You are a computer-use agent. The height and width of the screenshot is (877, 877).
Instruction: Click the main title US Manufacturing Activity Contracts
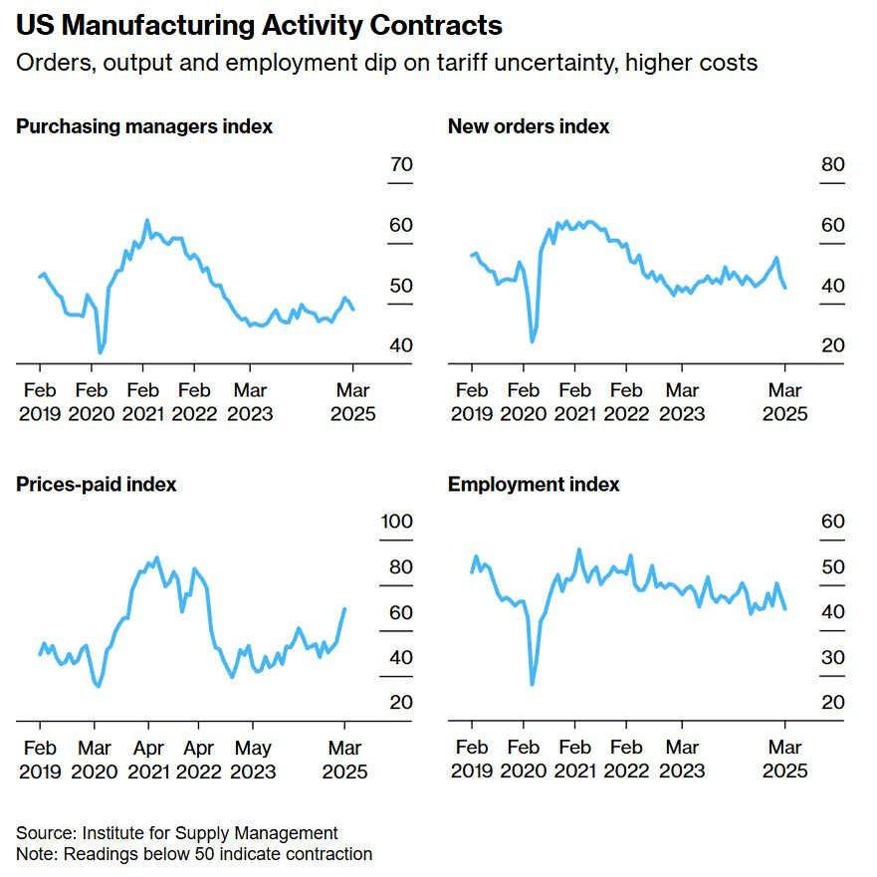[x=259, y=25]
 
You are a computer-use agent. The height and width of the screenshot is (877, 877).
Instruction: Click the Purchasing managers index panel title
[x=144, y=126]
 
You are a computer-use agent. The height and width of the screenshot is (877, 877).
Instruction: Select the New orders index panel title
[x=529, y=126]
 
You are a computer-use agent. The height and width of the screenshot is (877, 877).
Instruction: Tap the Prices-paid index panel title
[x=97, y=485]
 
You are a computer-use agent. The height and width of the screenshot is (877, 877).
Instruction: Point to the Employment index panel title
[x=534, y=485]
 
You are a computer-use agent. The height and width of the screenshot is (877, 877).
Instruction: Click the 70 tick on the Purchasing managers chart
[x=401, y=164]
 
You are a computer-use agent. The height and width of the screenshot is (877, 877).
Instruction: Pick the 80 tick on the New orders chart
[x=832, y=164]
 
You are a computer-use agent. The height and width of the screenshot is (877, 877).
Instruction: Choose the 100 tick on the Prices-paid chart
[x=397, y=522]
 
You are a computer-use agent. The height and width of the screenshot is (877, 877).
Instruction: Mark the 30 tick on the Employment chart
[x=832, y=657]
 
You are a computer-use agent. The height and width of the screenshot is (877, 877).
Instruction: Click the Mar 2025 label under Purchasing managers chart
[x=353, y=402]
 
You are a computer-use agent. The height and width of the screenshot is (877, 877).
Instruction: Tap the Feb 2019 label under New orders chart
[x=471, y=402]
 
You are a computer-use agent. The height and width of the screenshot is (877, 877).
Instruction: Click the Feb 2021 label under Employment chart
[x=574, y=760]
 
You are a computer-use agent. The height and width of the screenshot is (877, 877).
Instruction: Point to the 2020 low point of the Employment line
[x=533, y=684]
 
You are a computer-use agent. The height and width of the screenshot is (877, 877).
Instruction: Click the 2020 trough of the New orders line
[x=532, y=341]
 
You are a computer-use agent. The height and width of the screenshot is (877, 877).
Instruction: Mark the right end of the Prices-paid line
[x=344, y=609]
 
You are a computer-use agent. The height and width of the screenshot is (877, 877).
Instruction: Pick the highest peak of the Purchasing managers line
[x=147, y=220]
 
